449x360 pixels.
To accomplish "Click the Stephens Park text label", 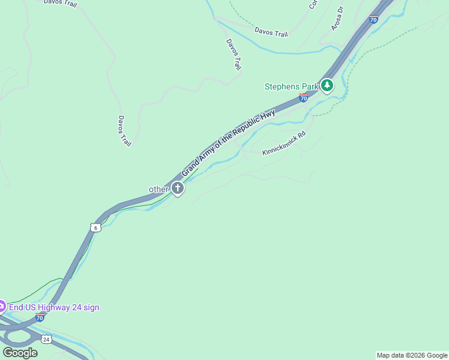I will tap(291, 86).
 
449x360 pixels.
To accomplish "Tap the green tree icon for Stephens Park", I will tap(327, 86).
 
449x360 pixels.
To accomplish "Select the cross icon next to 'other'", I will tap(177, 188).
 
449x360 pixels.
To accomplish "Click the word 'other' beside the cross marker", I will tap(158, 189).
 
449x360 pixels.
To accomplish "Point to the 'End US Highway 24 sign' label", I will tap(54, 307).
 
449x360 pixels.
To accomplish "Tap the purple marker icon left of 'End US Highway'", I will tap(1, 307).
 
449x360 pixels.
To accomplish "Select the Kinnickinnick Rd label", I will tap(284, 143).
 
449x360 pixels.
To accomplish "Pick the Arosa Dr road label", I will tap(337, 19).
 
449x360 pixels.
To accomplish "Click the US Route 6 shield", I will tap(95, 227).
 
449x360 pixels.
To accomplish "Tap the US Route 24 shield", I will tap(46, 339).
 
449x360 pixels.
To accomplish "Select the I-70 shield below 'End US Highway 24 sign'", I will tap(40, 316).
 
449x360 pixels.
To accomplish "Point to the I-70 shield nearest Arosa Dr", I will tap(373, 19).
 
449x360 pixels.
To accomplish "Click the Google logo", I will tap(20, 352).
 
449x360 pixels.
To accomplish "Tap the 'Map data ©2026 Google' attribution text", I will tap(412, 355).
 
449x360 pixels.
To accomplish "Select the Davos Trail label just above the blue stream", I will tap(271, 32).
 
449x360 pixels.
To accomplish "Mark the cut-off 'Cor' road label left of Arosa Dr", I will tap(313, 4).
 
